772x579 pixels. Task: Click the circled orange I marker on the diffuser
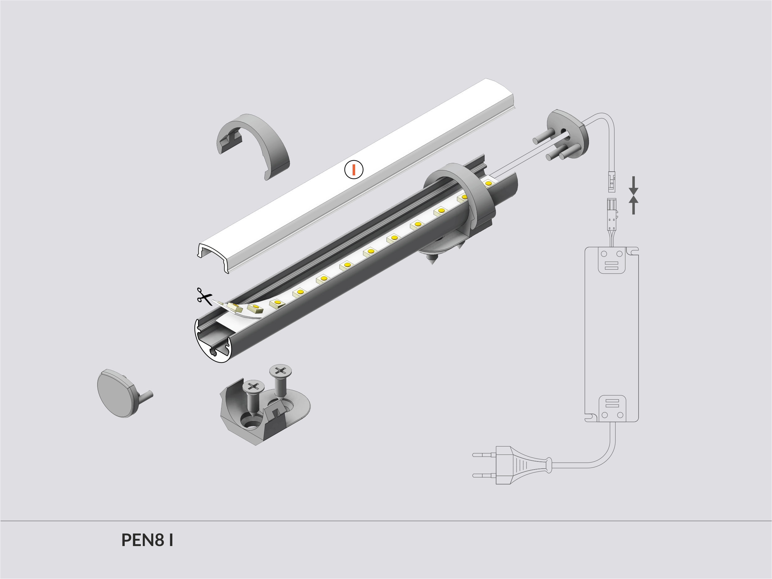354,169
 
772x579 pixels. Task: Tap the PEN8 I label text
147,540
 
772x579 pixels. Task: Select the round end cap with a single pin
117,393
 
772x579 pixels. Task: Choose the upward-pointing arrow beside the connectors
634,205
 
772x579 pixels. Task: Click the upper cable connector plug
612,182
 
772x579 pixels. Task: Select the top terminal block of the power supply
612,260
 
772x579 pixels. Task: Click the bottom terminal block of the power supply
612,408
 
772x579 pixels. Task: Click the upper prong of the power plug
483,455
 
